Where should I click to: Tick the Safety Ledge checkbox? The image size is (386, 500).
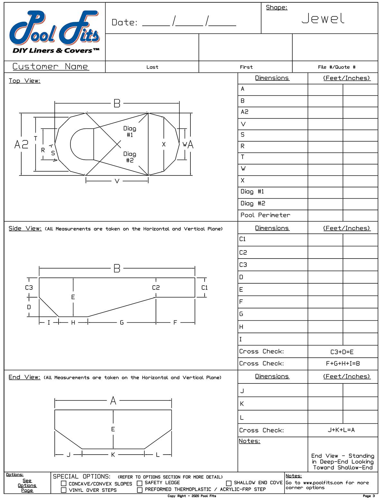tap(140, 483)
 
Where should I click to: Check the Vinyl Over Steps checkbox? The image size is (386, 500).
tap(64, 490)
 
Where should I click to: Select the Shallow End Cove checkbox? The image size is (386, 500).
tap(229, 483)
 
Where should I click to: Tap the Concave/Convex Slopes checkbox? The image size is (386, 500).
tap(64, 484)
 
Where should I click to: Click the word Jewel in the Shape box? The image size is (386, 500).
tap(323, 19)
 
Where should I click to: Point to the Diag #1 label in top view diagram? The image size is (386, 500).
tap(130, 131)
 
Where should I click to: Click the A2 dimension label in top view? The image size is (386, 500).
tap(21, 144)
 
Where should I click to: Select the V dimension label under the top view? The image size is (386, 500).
tap(117, 181)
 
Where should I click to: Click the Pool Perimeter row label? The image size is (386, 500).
tap(265, 215)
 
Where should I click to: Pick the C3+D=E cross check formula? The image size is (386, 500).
tap(342, 352)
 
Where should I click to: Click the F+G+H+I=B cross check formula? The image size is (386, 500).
tap(343, 363)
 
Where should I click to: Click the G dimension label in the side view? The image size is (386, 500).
tap(122, 322)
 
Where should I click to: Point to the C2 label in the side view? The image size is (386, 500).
tap(156, 288)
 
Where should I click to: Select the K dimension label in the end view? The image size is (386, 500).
tap(113, 455)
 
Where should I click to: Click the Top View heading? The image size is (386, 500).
tap(24, 81)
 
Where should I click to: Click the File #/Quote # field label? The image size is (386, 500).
tap(336, 67)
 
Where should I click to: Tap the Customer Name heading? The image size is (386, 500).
tap(50, 66)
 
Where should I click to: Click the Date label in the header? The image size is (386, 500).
tap(124, 23)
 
